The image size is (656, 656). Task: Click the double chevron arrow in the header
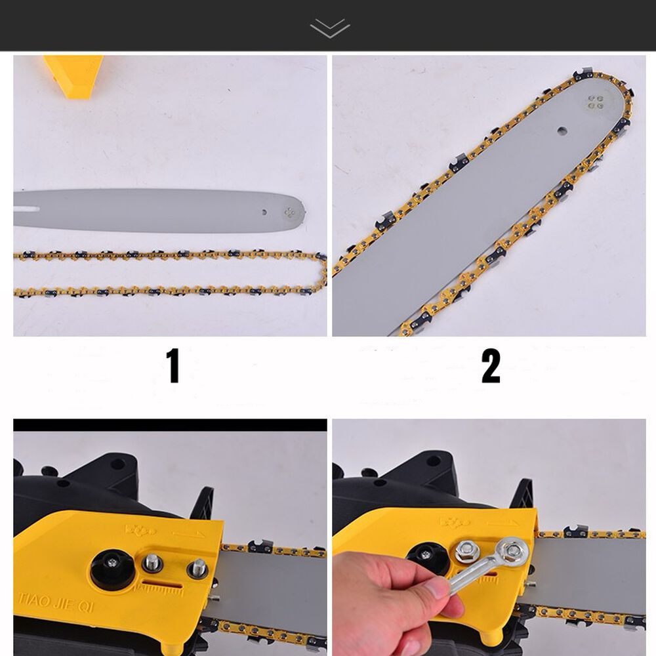[x=330, y=28]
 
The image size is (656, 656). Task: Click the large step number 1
[x=173, y=365]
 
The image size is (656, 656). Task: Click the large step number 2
[x=491, y=366]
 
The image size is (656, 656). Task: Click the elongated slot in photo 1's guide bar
[x=27, y=209]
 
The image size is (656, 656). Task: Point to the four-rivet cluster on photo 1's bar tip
[x=289, y=212]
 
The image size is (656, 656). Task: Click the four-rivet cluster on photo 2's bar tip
[x=596, y=102]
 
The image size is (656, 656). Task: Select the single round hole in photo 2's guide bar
[x=562, y=131]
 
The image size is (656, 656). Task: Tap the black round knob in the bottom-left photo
[x=113, y=569]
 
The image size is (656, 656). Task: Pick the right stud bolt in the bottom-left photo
[x=197, y=569]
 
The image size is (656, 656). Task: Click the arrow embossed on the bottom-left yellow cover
[x=188, y=534]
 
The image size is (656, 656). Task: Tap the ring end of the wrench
[x=511, y=552]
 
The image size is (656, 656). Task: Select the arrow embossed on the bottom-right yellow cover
[x=504, y=523]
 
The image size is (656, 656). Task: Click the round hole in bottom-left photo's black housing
[x=117, y=464]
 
